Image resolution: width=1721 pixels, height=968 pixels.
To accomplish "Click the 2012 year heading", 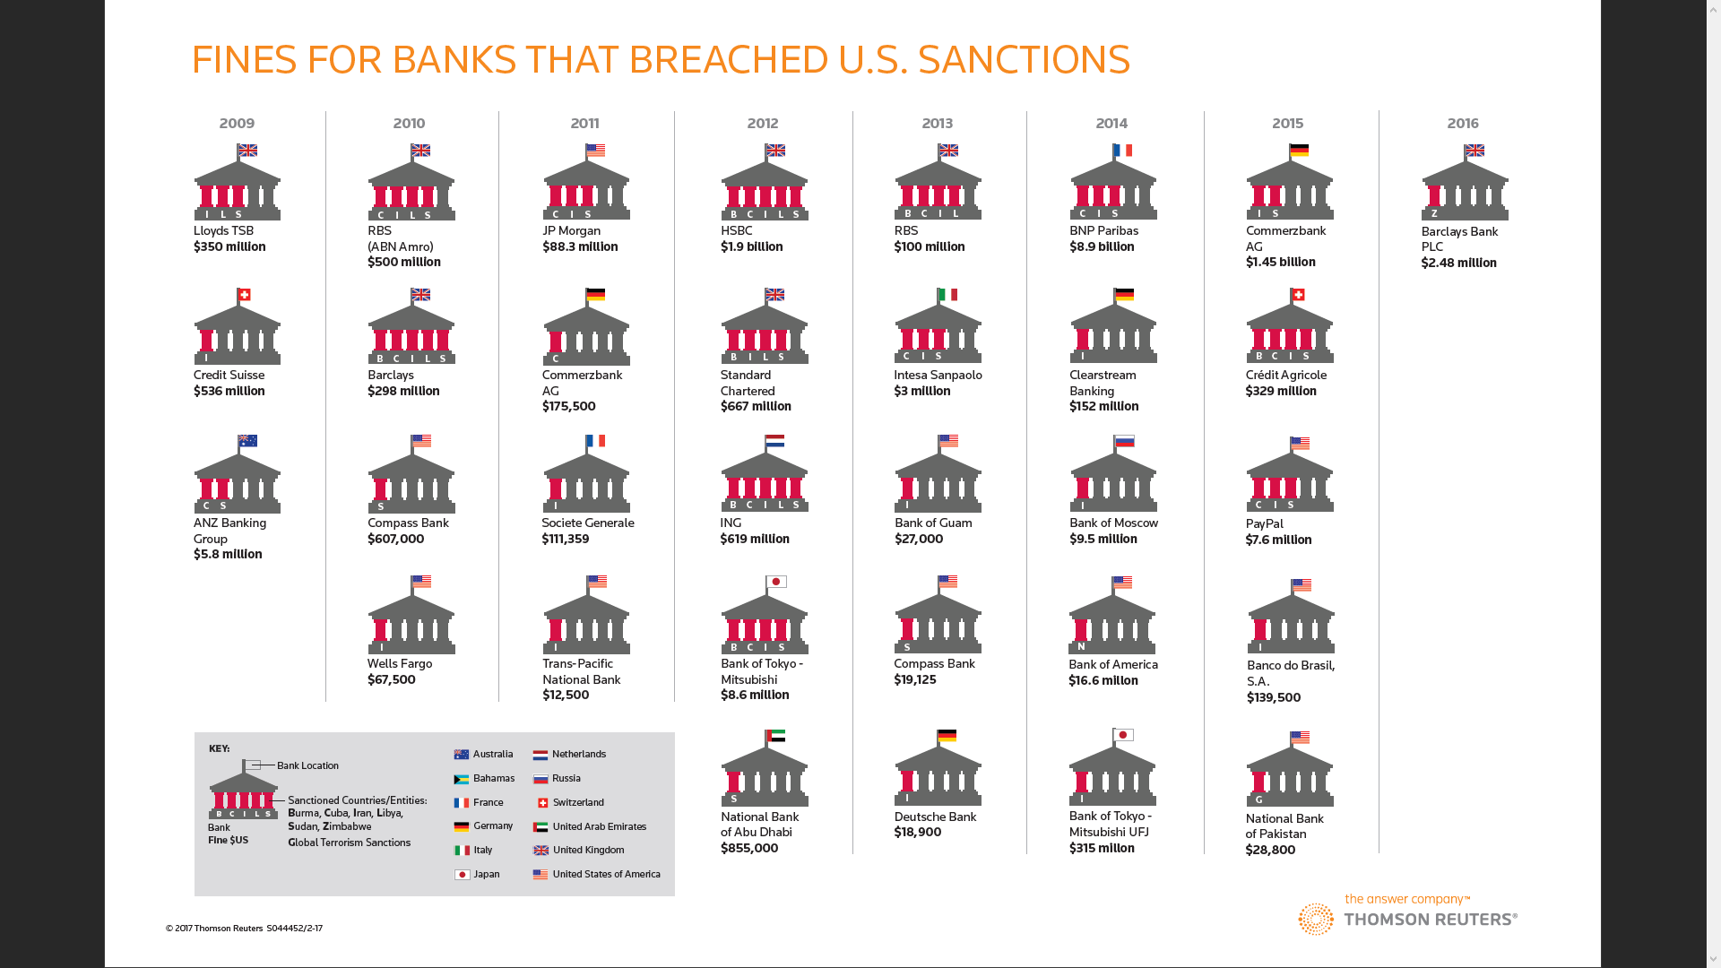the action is coord(763,123).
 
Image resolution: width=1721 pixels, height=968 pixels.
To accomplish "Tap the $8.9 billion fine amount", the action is coord(1102,246).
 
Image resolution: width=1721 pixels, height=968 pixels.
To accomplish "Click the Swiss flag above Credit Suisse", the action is coord(244,295).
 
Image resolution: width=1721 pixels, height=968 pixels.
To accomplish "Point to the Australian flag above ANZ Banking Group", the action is coord(247,441).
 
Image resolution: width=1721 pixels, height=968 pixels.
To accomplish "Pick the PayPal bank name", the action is coord(1264,523).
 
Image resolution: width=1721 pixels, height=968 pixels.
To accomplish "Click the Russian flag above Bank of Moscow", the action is coord(1125,441).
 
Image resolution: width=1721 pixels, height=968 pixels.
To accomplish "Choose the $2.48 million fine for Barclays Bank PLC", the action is coord(1458,263).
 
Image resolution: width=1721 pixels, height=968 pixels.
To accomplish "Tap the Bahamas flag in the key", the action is coord(462,779).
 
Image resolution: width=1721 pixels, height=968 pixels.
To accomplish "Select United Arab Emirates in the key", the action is coord(599,826).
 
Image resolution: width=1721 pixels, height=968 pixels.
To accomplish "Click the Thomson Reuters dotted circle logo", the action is coord(1316,919).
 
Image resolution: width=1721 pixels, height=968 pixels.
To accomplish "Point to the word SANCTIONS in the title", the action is coord(1024,59).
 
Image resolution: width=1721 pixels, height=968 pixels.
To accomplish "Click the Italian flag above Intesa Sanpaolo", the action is coord(947,295).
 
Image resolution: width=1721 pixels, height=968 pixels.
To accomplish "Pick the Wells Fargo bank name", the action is coord(400,663).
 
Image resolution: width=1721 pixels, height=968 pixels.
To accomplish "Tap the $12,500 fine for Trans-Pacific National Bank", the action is coord(566,695).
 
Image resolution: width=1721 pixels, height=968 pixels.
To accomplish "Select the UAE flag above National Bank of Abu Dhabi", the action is coord(776,736).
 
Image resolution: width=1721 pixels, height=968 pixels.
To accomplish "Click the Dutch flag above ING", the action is coord(775,441).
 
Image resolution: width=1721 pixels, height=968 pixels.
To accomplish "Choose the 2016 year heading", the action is coord(1463,123).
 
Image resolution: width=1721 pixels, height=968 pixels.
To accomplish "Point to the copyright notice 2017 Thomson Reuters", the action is coord(244,929).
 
